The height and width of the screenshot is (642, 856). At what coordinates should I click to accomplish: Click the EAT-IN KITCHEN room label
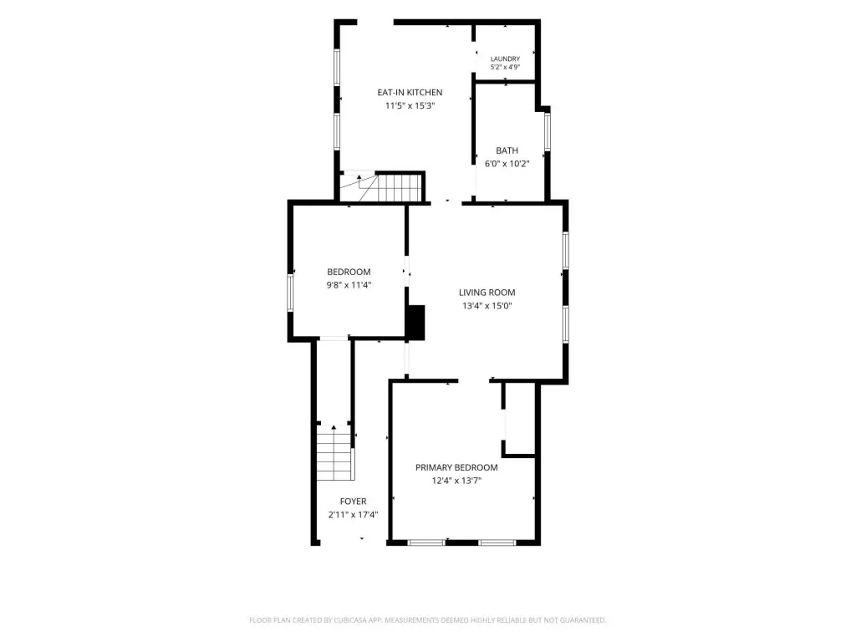(410, 92)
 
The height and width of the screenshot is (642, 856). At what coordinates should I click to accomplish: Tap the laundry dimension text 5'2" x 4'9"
(505, 67)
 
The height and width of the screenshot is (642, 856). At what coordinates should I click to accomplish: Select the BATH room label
(507, 150)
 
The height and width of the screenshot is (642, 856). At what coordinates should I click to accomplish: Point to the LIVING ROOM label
(487, 293)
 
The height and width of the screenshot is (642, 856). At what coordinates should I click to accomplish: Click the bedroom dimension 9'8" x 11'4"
(349, 285)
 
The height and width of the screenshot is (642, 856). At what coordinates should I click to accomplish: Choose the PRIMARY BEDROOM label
(456, 467)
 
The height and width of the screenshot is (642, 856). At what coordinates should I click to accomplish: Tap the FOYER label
(354, 502)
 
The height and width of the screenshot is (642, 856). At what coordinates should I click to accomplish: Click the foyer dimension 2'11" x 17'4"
(354, 515)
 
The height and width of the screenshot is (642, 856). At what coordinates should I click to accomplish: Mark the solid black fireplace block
(416, 323)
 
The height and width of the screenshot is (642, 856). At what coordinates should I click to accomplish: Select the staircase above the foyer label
(334, 452)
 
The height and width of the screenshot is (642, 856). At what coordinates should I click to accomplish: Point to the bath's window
(548, 131)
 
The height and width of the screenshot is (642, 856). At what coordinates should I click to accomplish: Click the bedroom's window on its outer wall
(290, 293)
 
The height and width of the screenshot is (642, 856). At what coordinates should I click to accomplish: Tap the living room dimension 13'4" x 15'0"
(487, 306)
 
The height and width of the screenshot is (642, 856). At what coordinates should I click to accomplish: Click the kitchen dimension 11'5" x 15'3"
(410, 106)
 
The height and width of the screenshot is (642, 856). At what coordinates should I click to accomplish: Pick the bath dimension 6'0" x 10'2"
(507, 164)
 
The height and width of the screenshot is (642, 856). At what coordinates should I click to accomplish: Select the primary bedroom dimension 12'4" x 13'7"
(456, 481)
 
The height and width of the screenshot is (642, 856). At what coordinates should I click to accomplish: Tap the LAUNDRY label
(505, 59)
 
